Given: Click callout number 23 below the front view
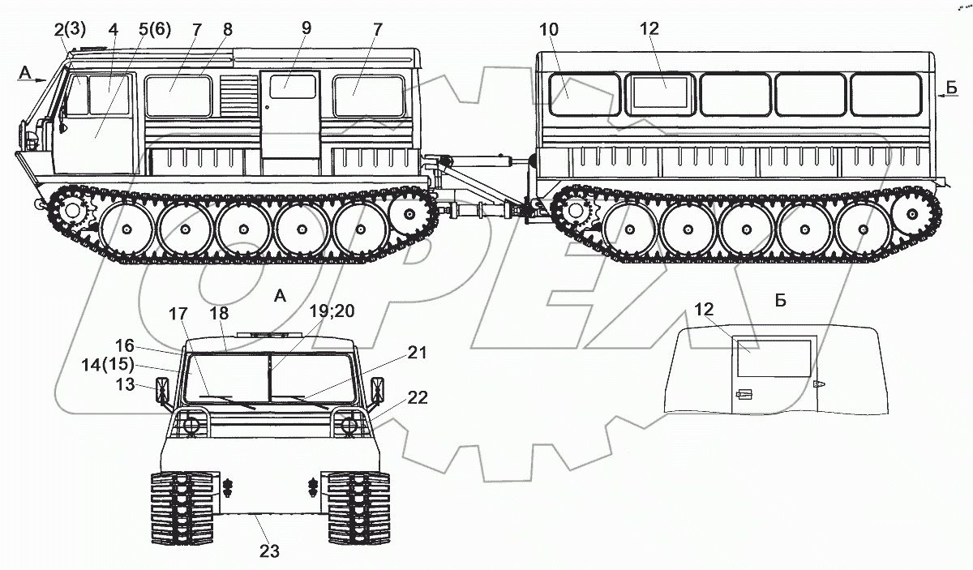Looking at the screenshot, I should click(x=269, y=551).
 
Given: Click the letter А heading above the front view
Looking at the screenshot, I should click(x=280, y=297).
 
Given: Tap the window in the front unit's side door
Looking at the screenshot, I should click(x=292, y=86).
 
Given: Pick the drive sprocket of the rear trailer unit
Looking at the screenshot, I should click(x=576, y=212).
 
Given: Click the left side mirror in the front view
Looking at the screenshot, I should click(x=163, y=393).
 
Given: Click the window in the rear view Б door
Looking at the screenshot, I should click(x=774, y=358).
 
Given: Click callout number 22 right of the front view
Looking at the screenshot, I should click(x=417, y=398).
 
